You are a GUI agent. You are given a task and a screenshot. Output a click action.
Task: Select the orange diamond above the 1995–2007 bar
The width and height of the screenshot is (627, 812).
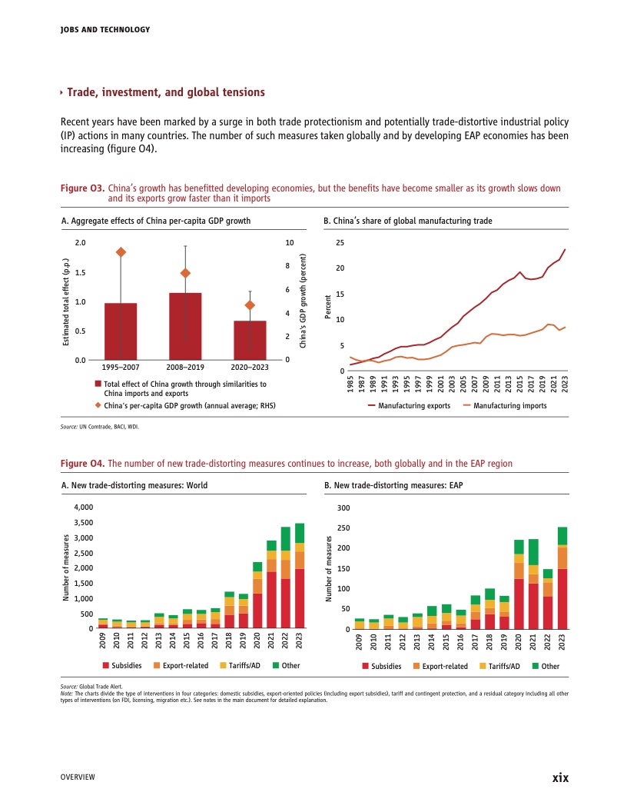pyautogui.click(x=121, y=252)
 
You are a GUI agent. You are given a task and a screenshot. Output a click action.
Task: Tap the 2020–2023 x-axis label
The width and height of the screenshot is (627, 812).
pyautogui.click(x=250, y=368)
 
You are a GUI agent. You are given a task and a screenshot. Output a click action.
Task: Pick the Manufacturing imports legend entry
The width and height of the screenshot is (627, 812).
pyautogui.click(x=504, y=405)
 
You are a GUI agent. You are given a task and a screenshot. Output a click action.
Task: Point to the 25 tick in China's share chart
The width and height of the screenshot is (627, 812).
pyautogui.click(x=340, y=243)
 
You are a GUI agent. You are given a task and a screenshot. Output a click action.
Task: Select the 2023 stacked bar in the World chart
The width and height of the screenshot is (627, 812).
pyautogui.click(x=300, y=576)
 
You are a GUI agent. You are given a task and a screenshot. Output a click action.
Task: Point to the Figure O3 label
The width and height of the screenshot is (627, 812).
pyautogui.click(x=80, y=188)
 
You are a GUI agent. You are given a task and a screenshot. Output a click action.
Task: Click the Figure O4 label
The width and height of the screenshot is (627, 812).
pyautogui.click(x=81, y=464)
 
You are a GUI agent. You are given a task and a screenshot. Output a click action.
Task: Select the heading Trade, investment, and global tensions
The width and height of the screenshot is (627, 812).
pyautogui.click(x=166, y=93)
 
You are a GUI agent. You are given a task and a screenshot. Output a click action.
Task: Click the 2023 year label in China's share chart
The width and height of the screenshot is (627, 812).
pyautogui.click(x=565, y=384)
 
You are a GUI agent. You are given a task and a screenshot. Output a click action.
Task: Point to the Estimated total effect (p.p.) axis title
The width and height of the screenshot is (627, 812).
pyautogui.click(x=67, y=300)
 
